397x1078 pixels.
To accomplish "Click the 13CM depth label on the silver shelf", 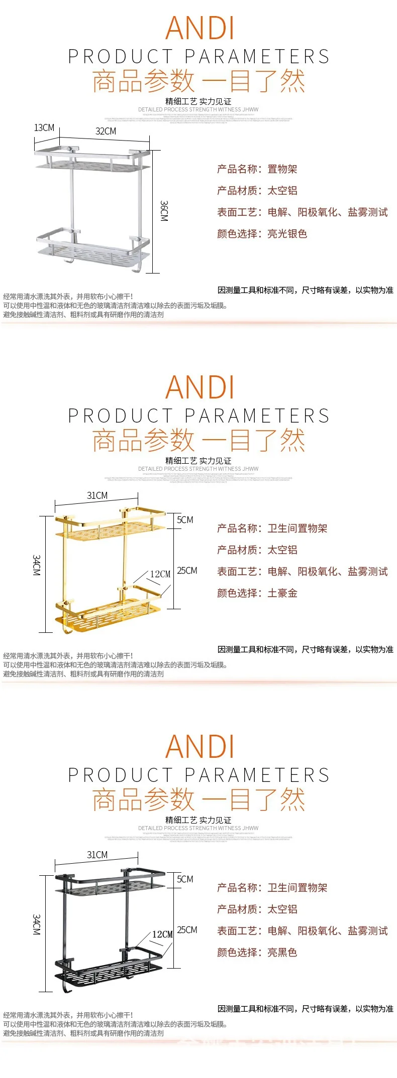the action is (44, 128).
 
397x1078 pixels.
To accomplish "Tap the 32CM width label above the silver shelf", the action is (106, 131).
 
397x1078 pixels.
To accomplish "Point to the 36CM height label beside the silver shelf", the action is (164, 211).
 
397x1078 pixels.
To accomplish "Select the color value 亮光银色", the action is (287, 234).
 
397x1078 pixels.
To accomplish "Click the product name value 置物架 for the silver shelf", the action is (282, 169).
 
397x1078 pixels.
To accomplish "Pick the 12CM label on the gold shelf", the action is (160, 574).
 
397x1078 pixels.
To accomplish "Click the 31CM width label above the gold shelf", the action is (97, 495).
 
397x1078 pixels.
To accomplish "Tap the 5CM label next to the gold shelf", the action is (185, 520).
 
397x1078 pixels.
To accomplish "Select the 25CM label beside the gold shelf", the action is (187, 571).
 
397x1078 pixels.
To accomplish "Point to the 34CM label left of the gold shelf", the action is (36, 565).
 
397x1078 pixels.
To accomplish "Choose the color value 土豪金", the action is (282, 593).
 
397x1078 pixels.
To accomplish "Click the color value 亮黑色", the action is (282, 953).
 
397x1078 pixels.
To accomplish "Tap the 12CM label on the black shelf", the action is (162, 934).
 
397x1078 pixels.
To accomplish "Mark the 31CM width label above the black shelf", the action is (97, 855).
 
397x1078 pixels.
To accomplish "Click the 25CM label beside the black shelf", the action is (187, 930).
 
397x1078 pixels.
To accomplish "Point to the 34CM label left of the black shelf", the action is (36, 924).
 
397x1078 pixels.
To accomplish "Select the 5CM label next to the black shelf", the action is (185, 879).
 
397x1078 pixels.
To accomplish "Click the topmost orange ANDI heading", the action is (200, 28).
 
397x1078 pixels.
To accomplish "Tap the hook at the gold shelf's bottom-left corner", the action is (65, 627).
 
